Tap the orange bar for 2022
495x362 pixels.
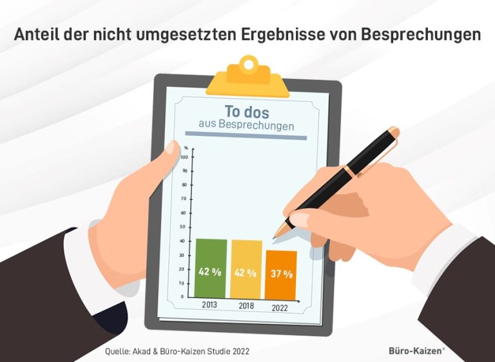[281, 274]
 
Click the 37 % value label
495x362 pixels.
[281, 274]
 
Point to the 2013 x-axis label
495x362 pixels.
[210, 305]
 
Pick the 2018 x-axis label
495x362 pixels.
[246, 306]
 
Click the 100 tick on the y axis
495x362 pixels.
[184, 157]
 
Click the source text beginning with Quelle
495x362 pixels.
[177, 351]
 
